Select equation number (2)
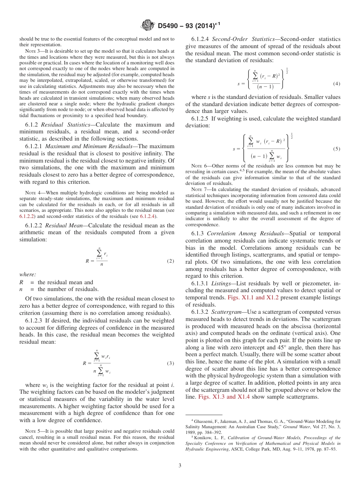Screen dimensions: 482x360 pos(171,261)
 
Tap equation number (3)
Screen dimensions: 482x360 pos(171,363)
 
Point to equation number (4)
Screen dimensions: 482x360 pos(337,83)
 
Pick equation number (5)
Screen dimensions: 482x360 pos(337,149)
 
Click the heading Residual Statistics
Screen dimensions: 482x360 pos(59,124)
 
